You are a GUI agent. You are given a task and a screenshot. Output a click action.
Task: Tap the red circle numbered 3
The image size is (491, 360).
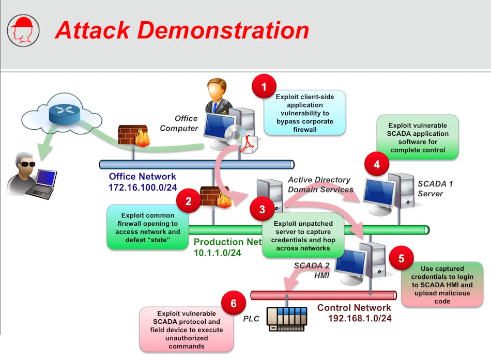(x=263, y=209)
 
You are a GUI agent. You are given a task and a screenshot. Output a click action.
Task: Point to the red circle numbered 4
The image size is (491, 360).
(x=377, y=165)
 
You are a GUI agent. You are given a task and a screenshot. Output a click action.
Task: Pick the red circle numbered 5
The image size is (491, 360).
(x=401, y=258)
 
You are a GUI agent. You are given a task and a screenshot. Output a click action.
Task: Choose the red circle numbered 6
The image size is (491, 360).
(x=234, y=303)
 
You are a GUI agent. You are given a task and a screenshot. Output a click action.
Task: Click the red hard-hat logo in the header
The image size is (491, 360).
(x=22, y=30)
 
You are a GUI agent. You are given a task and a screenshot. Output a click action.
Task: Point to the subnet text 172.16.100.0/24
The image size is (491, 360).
(x=143, y=186)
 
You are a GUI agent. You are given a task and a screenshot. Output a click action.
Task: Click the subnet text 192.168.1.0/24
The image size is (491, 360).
(x=360, y=318)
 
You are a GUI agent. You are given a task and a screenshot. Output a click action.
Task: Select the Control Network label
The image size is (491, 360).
(x=354, y=308)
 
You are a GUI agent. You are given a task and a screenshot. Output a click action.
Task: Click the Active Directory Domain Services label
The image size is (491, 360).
(x=319, y=184)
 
